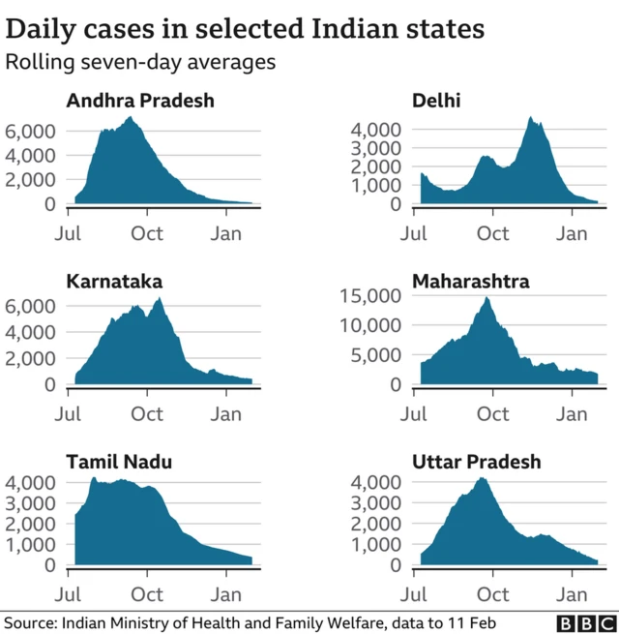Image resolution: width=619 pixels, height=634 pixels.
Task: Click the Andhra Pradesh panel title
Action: pos(140,101)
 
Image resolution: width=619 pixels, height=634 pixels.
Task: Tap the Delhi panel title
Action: pos(437,101)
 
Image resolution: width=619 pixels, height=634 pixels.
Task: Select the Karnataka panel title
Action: pos(114,281)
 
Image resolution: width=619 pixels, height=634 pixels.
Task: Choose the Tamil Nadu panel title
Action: pos(119,462)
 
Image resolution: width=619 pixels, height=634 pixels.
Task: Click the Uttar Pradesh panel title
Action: pos(477,462)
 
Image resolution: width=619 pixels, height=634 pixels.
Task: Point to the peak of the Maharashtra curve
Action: pos(486,298)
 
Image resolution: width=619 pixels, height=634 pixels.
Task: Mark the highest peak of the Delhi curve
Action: pos(530,117)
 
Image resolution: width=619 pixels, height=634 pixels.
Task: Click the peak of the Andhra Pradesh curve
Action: pos(130,117)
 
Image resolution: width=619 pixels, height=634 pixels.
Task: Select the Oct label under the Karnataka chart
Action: pos(147,414)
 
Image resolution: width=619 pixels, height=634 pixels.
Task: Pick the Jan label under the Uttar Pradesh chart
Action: pos(575,593)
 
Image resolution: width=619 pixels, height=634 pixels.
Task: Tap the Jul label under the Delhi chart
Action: pos(415,233)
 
